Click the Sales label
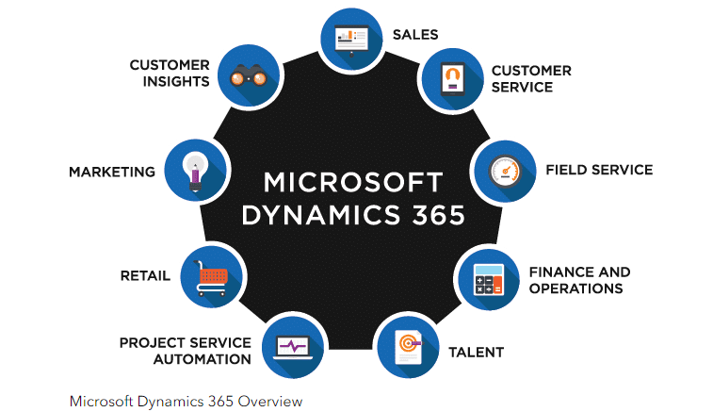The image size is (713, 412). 414,35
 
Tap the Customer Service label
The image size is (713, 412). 531,79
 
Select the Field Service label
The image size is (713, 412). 598,171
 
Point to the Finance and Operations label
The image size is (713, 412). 579,280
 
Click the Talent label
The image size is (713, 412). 476,353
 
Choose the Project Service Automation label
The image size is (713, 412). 185,351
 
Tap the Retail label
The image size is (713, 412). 145,276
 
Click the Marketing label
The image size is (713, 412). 112,172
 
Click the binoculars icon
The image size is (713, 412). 251,74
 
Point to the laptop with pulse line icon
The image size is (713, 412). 292,346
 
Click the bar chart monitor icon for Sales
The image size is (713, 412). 349,38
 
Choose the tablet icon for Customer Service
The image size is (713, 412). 450,79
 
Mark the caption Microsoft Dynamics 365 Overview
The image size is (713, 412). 185,400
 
